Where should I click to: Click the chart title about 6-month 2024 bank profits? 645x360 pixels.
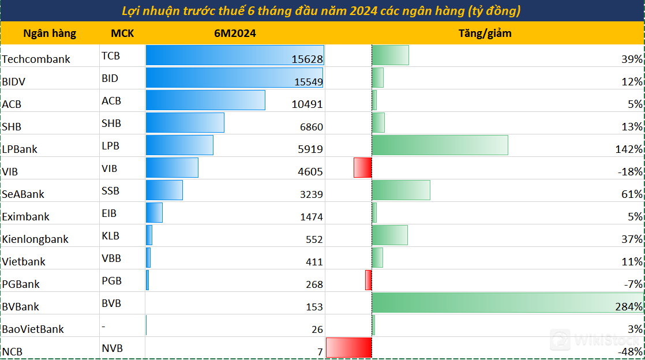coord(322,11)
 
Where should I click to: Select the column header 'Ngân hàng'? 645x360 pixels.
coord(50,33)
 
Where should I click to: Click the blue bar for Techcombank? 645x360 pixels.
coord(234,55)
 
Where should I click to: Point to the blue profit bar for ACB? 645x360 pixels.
coord(205,100)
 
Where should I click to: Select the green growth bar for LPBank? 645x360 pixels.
coord(440,145)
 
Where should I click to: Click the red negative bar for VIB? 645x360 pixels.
coord(362,167)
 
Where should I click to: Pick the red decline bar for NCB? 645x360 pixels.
coord(348,348)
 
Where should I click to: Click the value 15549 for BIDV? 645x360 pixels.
coord(308,82)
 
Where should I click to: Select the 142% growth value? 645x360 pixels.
coord(629,149)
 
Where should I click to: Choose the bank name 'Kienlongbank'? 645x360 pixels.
coord(35,239)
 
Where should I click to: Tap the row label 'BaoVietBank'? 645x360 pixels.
coord(33,329)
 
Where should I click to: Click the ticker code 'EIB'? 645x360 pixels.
coord(109,213)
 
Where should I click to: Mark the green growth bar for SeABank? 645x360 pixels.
coord(401,190)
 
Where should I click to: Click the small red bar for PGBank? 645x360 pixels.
coord(368,280)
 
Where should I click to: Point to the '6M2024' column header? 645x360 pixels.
coord(235,33)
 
